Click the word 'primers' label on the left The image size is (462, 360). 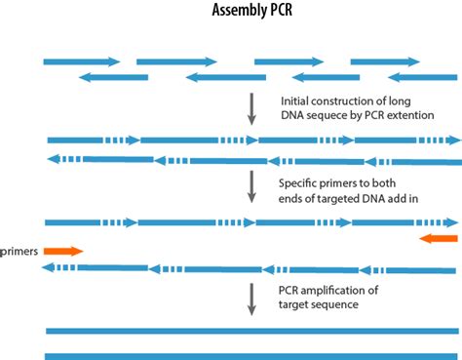click(19, 251)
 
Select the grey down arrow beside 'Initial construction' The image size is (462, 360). click(251, 109)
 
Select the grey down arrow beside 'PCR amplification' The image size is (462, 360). click(251, 298)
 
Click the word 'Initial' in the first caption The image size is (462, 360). click(295, 100)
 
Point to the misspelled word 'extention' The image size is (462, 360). click(422, 116)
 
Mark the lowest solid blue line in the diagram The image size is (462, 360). click(251, 355)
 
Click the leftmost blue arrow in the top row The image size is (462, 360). click(81, 61)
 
